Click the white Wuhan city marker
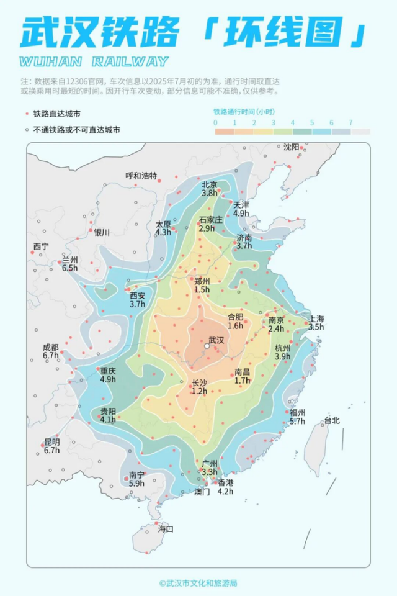tap(207, 346)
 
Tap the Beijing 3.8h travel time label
tap(210, 189)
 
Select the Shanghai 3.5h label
tap(316, 323)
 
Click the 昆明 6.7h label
tap(51, 446)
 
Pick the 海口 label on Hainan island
tap(166, 530)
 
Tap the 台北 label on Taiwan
tap(332, 421)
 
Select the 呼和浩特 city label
tap(141, 176)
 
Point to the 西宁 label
tap(41, 246)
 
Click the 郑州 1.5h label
tap(202, 286)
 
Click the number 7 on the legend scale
tap(350, 122)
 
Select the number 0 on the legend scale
tap(215, 122)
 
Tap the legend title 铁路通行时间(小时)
tap(244, 111)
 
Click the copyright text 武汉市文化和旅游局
tap(198, 583)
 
